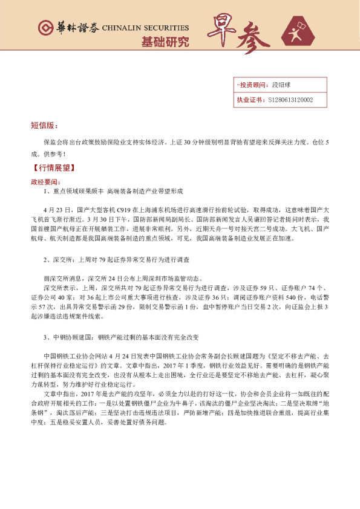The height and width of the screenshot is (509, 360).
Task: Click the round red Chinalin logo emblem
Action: click(44, 28)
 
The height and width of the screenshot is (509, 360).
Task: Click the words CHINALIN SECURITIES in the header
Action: click(145, 28)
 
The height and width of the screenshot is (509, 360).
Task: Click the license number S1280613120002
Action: click(291, 100)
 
